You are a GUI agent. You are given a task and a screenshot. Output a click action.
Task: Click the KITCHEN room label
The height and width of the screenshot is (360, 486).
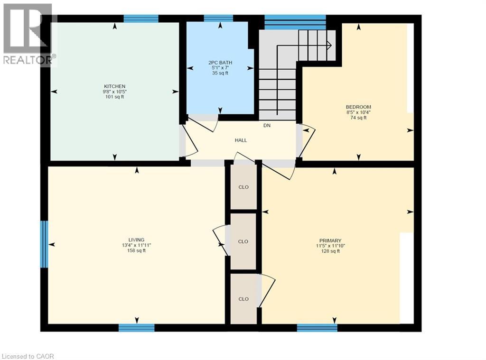(x=114, y=86)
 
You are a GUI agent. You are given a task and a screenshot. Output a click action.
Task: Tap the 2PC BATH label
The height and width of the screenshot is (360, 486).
(x=220, y=62)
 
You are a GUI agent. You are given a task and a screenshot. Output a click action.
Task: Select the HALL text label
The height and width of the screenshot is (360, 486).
(x=241, y=140)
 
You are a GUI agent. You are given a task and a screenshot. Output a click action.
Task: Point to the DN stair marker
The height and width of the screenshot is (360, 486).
(x=267, y=126)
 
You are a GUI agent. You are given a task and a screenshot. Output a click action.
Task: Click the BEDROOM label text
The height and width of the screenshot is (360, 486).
(x=358, y=107)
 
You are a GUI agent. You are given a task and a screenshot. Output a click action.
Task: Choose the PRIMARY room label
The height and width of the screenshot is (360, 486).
(x=330, y=240)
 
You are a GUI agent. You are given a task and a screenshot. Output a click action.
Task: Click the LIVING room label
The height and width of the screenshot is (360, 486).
(x=136, y=240)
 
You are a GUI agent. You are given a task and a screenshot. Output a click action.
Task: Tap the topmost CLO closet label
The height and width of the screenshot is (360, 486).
(x=243, y=187)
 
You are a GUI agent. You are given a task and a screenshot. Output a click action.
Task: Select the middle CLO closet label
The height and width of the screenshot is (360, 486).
(x=243, y=241)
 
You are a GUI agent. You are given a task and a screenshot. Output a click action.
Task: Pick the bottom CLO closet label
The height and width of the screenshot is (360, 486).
(x=243, y=299)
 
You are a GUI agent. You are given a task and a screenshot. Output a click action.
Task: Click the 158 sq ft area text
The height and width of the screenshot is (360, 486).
(x=136, y=251)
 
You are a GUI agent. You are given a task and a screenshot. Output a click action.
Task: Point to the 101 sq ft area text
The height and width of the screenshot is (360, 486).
(x=114, y=97)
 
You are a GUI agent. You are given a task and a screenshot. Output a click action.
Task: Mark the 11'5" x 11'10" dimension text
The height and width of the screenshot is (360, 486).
(x=330, y=246)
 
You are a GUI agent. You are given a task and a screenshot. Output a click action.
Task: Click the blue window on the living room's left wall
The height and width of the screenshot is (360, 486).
(x=44, y=244)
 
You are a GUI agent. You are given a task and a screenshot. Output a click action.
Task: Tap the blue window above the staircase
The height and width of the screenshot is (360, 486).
(x=295, y=21)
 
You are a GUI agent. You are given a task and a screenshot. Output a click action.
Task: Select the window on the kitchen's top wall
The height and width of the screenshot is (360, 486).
(x=140, y=18)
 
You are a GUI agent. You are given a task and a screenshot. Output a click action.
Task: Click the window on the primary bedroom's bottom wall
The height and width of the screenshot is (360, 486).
(x=317, y=327)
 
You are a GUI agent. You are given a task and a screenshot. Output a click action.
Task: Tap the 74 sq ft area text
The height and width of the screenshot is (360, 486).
(x=358, y=118)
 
